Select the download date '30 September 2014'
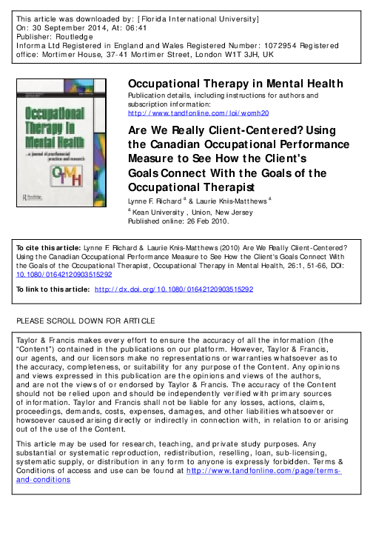pyautogui.click(x=67, y=24)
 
